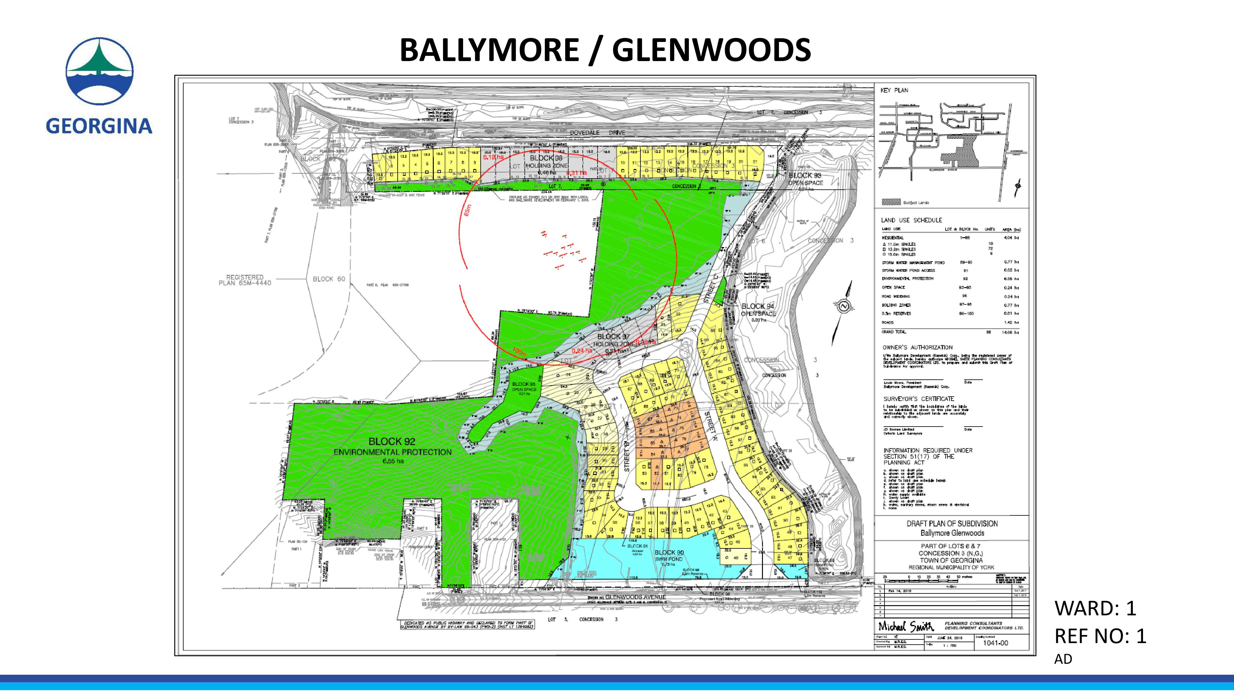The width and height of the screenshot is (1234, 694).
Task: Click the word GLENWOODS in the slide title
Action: point(711,50)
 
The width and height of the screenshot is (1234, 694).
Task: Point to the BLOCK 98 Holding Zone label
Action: point(546,162)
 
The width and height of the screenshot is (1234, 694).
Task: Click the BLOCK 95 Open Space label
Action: point(523,387)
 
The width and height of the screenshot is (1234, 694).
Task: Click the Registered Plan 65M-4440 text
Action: point(245,280)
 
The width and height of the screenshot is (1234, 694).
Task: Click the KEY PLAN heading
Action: point(894,90)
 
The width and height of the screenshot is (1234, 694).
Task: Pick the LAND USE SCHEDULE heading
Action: point(911,220)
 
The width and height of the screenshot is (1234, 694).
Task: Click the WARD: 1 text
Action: point(1095,608)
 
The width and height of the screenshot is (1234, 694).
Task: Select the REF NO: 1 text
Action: point(1100,636)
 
